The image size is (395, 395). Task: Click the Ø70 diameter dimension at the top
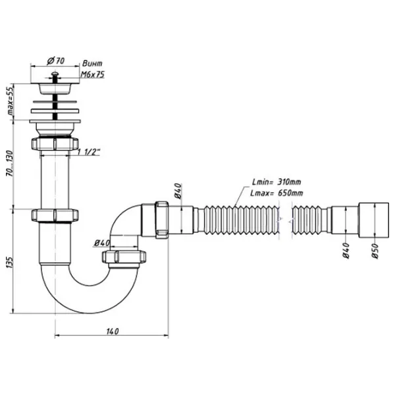[x=55, y=62]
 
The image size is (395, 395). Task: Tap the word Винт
[x=92, y=65]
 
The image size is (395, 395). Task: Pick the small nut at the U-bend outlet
[x=126, y=255]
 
